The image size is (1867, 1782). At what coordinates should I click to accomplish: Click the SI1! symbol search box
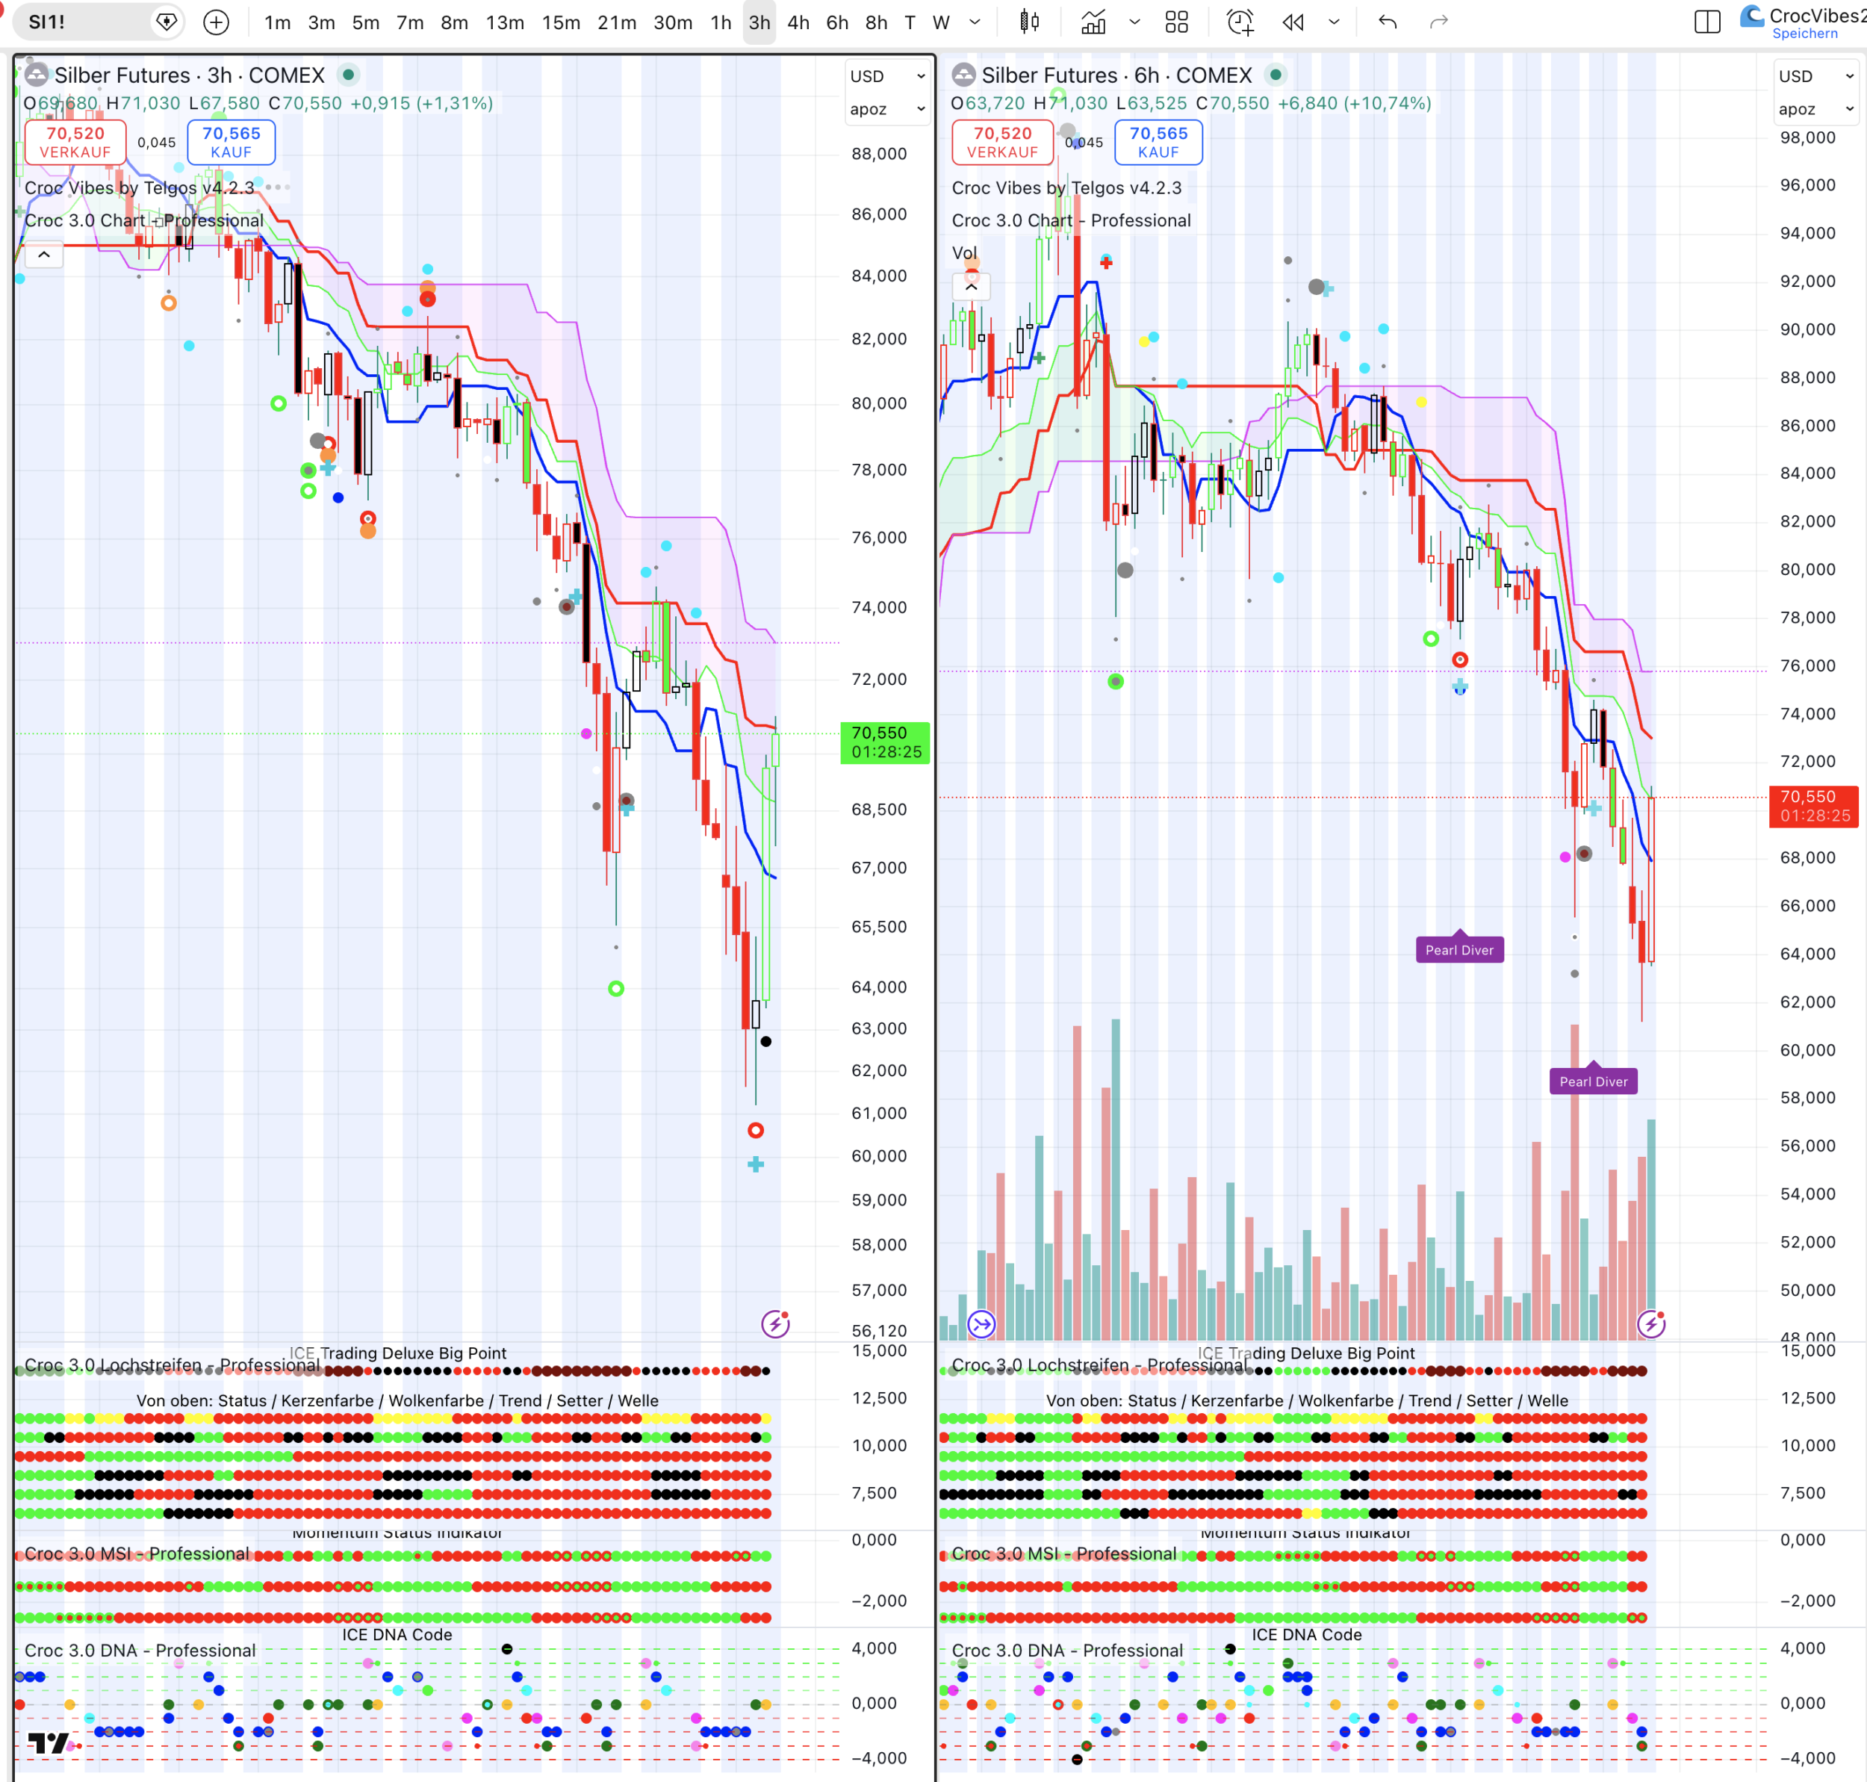click(x=85, y=22)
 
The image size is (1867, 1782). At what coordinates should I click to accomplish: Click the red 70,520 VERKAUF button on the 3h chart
click(x=75, y=142)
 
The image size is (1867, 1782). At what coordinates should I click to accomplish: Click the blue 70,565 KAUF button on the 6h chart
click(x=1158, y=142)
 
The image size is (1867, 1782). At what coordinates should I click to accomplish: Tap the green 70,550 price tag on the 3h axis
click(x=885, y=742)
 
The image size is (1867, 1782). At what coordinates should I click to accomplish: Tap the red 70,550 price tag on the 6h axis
click(x=1814, y=806)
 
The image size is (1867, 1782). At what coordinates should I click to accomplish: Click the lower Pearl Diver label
click(x=1593, y=1081)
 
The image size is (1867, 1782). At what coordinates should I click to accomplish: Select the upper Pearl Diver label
click(x=1459, y=950)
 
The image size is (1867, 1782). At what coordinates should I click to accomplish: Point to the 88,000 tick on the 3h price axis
click(x=878, y=154)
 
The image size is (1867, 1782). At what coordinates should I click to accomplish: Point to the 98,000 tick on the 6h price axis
click(x=1807, y=137)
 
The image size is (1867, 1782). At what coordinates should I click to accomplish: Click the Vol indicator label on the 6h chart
click(x=964, y=252)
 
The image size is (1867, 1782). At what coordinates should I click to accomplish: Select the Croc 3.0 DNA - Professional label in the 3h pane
click(x=140, y=1650)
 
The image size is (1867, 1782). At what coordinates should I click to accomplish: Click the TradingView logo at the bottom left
click(x=48, y=1742)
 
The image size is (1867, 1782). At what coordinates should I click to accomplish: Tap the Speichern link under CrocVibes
click(x=1804, y=34)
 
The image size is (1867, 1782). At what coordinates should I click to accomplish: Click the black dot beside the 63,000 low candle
click(x=766, y=1041)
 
